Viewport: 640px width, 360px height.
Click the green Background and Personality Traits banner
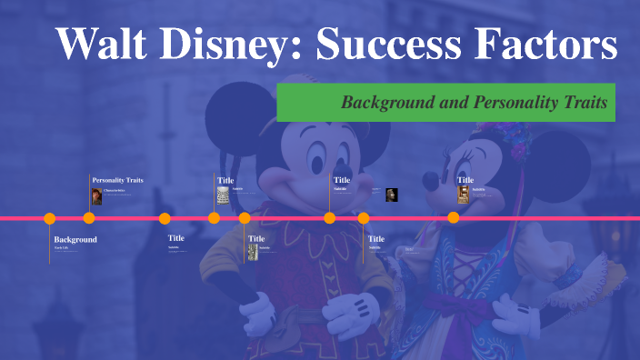coord(445,102)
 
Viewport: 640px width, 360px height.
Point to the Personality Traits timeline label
coord(117,180)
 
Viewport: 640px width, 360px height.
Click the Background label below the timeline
coord(75,239)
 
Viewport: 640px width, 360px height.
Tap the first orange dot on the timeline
coord(50,218)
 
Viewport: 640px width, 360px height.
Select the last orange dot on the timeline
coord(454,218)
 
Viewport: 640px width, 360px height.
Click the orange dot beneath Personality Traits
coord(89,218)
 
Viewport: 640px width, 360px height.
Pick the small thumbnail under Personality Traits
coord(96,196)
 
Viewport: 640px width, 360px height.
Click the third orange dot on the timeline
coord(165,218)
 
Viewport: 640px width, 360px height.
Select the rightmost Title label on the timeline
coord(465,180)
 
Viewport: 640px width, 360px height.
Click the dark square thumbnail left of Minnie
coord(392,194)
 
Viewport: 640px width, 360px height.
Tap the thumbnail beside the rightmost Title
coord(463,194)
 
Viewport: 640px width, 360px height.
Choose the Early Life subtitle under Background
coord(61,247)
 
